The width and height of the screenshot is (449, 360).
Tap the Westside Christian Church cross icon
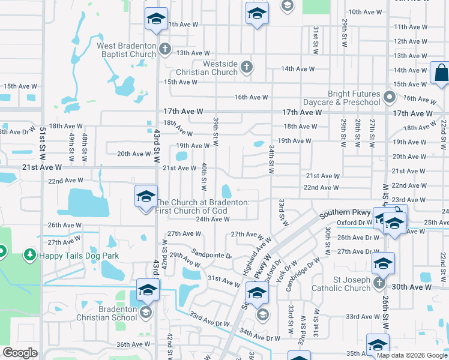246,66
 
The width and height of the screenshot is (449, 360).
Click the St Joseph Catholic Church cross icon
379,281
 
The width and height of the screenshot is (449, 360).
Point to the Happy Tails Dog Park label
79,256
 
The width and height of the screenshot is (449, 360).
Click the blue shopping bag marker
441,73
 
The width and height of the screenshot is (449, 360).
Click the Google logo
19,352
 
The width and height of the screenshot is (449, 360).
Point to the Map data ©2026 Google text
411,355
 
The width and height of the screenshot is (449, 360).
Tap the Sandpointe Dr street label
211,254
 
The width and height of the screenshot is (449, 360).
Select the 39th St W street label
215,131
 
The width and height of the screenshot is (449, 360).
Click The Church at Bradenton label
202,206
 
